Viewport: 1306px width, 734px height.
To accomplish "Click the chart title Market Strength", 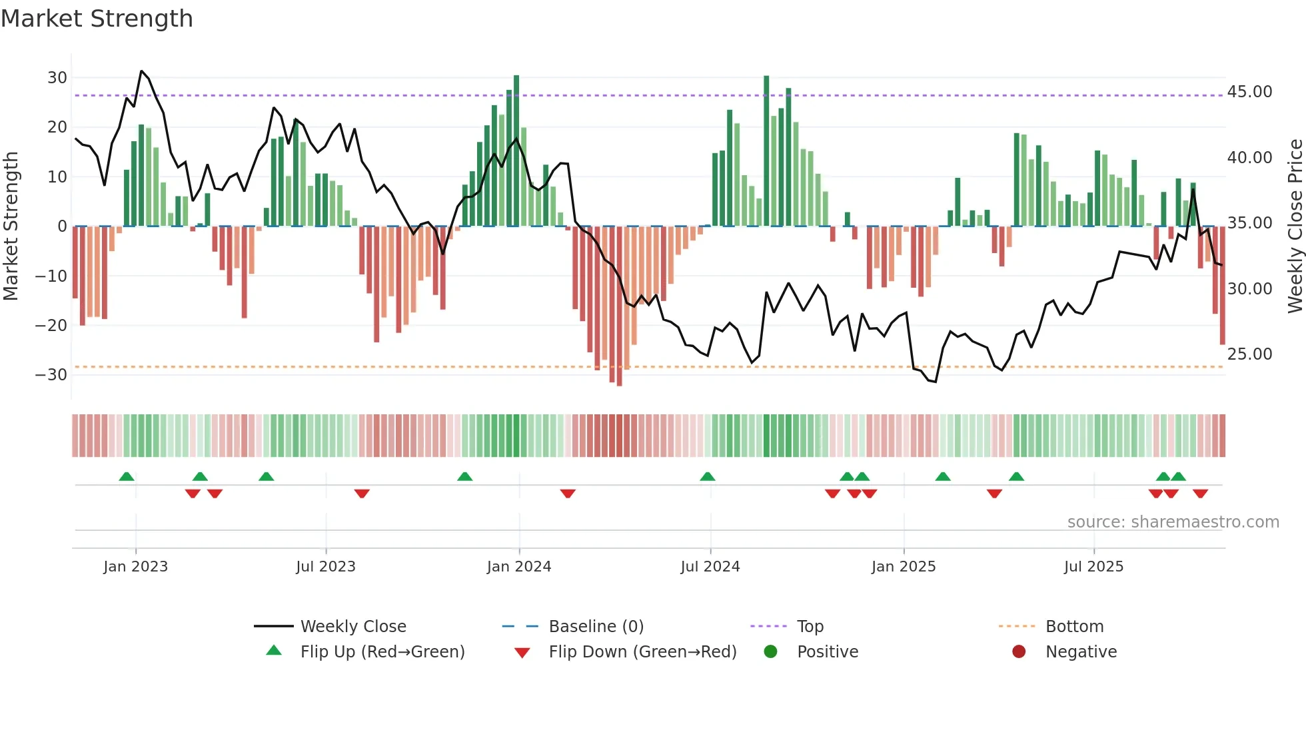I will click(x=97, y=19).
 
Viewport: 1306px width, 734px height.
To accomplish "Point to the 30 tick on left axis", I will click(x=57, y=78).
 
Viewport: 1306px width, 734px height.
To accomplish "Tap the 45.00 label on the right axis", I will click(x=1249, y=92).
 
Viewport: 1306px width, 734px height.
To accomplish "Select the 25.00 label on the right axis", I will click(x=1249, y=354).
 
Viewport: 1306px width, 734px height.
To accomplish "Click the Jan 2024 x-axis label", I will click(x=519, y=567).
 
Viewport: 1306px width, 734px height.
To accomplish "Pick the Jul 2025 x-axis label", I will click(x=1093, y=567).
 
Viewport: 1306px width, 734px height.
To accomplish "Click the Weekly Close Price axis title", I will click(x=1295, y=226).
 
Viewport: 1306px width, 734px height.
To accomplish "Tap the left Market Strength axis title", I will click(x=11, y=226).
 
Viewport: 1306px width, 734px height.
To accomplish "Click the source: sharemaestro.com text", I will click(x=1173, y=522).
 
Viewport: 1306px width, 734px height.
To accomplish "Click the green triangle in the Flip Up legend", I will click(x=274, y=651).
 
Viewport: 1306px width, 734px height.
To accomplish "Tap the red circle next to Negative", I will click(x=1019, y=651).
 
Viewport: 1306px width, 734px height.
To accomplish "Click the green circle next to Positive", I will click(x=771, y=651).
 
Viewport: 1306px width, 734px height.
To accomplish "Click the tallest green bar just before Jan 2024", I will click(x=516, y=151).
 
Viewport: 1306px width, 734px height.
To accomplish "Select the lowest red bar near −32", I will click(x=619, y=306).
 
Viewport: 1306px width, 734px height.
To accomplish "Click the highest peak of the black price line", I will click(x=141, y=71).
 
